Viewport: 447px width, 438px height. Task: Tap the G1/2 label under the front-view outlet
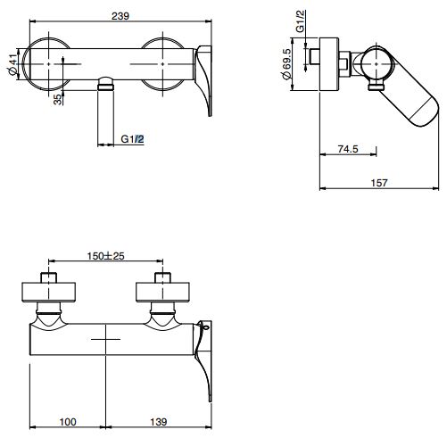(x=132, y=139)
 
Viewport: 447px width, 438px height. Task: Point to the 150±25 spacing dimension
(x=106, y=256)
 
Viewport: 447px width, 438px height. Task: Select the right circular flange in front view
(x=168, y=63)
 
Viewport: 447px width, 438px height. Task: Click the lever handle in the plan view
(x=204, y=357)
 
